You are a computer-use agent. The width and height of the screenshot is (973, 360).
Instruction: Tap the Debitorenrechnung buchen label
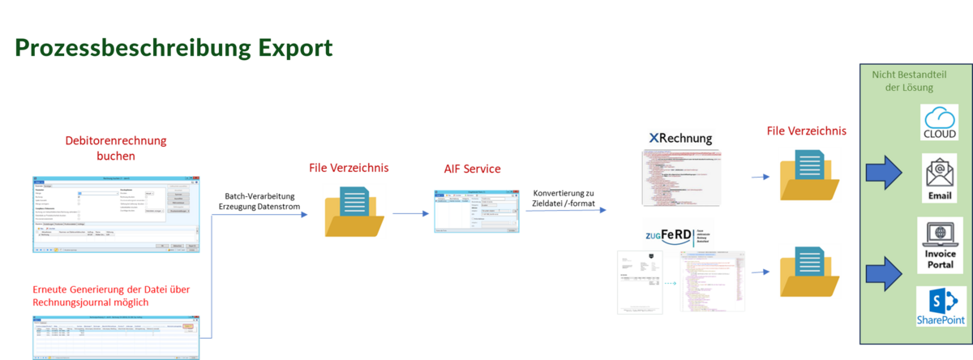tap(116, 148)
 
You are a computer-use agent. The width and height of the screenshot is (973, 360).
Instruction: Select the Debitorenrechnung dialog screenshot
tap(115, 212)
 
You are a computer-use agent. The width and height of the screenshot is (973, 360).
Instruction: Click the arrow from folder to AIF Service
tap(411, 214)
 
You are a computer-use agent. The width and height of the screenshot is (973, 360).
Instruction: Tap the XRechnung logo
tap(681, 138)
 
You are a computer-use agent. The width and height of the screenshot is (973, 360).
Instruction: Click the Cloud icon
tap(940, 122)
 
